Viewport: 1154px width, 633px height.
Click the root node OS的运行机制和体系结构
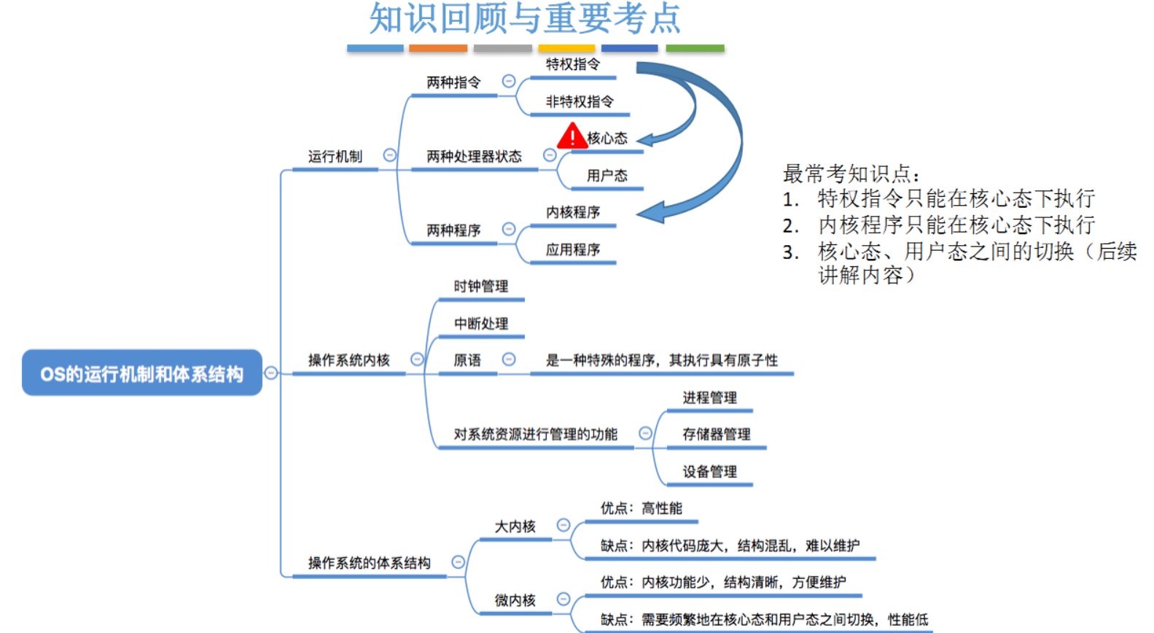tap(141, 373)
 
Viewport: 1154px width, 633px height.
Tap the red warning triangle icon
tap(572, 136)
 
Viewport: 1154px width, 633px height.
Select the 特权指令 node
tap(573, 65)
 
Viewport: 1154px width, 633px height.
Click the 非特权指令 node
tap(580, 102)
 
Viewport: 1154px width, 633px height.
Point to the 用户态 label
tap(607, 176)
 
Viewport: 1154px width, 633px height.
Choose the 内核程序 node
tap(573, 212)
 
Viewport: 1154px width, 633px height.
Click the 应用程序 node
tap(573, 250)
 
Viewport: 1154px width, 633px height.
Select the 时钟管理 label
tap(480, 287)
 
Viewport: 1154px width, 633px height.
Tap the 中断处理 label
tap(480, 324)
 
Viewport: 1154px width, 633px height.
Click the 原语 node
tap(467, 360)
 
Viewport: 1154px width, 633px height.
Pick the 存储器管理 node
tap(716, 435)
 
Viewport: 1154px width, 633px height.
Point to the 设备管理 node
tap(709, 472)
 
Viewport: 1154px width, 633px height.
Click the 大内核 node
tap(515, 527)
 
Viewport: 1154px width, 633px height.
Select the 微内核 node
tap(515, 600)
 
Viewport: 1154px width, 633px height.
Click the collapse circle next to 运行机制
tap(390, 155)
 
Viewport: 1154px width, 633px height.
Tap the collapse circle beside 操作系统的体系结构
tap(458, 562)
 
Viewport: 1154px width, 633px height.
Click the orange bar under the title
tap(438, 48)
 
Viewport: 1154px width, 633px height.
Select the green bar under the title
tap(695, 48)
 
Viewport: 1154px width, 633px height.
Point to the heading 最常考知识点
tap(851, 174)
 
